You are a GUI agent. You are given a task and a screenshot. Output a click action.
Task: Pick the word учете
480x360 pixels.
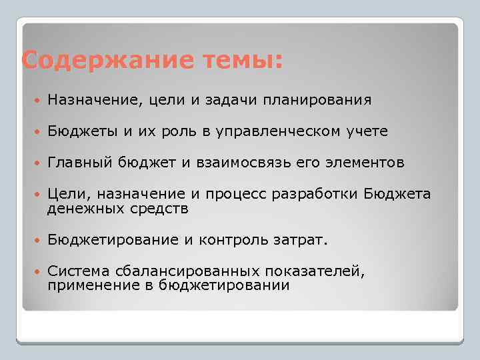coord(366,131)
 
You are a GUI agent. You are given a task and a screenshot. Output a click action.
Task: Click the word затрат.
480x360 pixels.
coord(304,239)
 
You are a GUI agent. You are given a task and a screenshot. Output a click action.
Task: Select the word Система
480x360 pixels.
coord(75,271)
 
